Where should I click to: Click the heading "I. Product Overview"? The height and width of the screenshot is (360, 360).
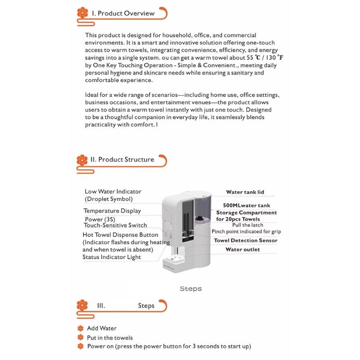[123, 13]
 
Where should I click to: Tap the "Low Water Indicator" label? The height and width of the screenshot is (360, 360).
[113, 192]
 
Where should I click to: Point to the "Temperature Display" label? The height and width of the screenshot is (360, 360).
[112, 211]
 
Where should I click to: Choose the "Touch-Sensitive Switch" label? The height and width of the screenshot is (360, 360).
[115, 225]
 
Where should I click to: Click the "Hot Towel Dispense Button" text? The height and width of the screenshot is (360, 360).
[121, 235]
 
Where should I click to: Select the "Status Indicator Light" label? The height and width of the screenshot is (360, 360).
[112, 257]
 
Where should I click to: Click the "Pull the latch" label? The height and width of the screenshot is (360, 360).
[248, 225]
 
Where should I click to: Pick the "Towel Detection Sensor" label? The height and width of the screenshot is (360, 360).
[251, 241]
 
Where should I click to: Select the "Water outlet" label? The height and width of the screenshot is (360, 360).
[243, 249]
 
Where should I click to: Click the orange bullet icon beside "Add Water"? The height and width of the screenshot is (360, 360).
[81, 328]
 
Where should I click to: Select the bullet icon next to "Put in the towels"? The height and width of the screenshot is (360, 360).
[81, 337]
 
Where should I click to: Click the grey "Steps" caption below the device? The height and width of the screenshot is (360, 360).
[190, 288]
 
